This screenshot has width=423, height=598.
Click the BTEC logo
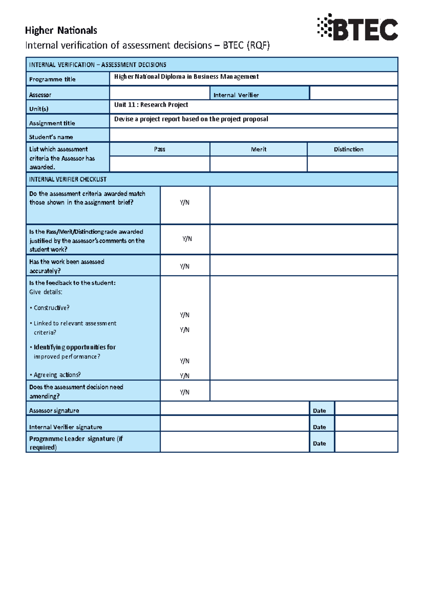tap(357, 27)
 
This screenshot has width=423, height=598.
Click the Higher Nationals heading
tap(61, 31)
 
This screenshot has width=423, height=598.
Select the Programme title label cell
tap(67, 79)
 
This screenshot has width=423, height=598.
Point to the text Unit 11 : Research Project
tap(151, 105)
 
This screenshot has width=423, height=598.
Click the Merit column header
tap(258, 149)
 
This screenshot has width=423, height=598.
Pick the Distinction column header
tap(348, 149)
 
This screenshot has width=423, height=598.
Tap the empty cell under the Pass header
tap(159, 164)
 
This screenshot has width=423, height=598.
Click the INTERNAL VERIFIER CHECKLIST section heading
tap(68, 179)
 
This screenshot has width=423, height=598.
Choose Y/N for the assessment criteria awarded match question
tap(184, 203)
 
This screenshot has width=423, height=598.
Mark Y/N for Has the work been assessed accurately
tap(184, 266)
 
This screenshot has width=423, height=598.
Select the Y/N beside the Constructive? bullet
tap(184, 315)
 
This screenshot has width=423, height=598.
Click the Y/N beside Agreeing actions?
tap(184, 376)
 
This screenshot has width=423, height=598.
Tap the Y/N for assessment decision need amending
tap(184, 392)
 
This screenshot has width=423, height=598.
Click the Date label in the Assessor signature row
tap(319, 411)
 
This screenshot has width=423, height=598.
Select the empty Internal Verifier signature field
tap(234, 423)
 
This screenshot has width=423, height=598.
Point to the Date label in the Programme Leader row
tap(319, 443)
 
